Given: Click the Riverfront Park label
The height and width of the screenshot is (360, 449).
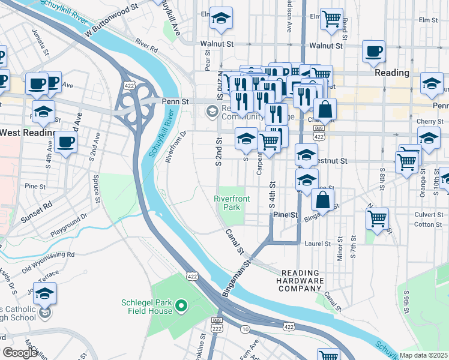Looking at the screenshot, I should tap(228, 203).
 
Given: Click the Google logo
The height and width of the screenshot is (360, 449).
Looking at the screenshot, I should tap(20, 353).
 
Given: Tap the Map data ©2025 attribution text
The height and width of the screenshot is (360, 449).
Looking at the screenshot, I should tap(423, 355).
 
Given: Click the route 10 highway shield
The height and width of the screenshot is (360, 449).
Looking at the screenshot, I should tap(245, 329).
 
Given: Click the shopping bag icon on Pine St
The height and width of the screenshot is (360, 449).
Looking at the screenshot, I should tap(323, 201).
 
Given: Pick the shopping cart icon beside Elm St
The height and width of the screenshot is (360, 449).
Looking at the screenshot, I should tap(331, 20).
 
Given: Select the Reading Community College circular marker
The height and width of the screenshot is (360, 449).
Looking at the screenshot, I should tap(211, 111).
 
